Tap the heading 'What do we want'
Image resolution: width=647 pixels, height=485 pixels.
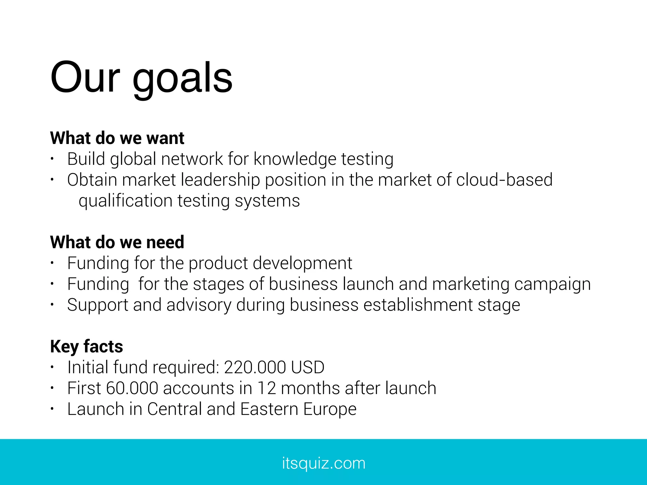pos(117,138)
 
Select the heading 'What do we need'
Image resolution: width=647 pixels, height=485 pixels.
pos(117,242)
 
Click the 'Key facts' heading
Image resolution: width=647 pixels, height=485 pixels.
pos(87,347)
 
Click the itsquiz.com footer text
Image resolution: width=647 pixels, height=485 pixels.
pos(323,463)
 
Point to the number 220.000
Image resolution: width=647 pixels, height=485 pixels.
pos(255,368)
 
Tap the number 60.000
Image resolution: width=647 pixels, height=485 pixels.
pos(132,388)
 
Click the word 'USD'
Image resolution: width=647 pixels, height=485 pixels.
pos(307,368)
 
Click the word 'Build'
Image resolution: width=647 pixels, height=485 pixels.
pos(86,159)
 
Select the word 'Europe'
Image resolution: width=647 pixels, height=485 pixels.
pos(330,409)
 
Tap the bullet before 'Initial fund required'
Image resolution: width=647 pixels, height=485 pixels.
pos(53,368)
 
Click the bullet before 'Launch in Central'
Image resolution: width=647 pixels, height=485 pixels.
pos(53,409)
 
